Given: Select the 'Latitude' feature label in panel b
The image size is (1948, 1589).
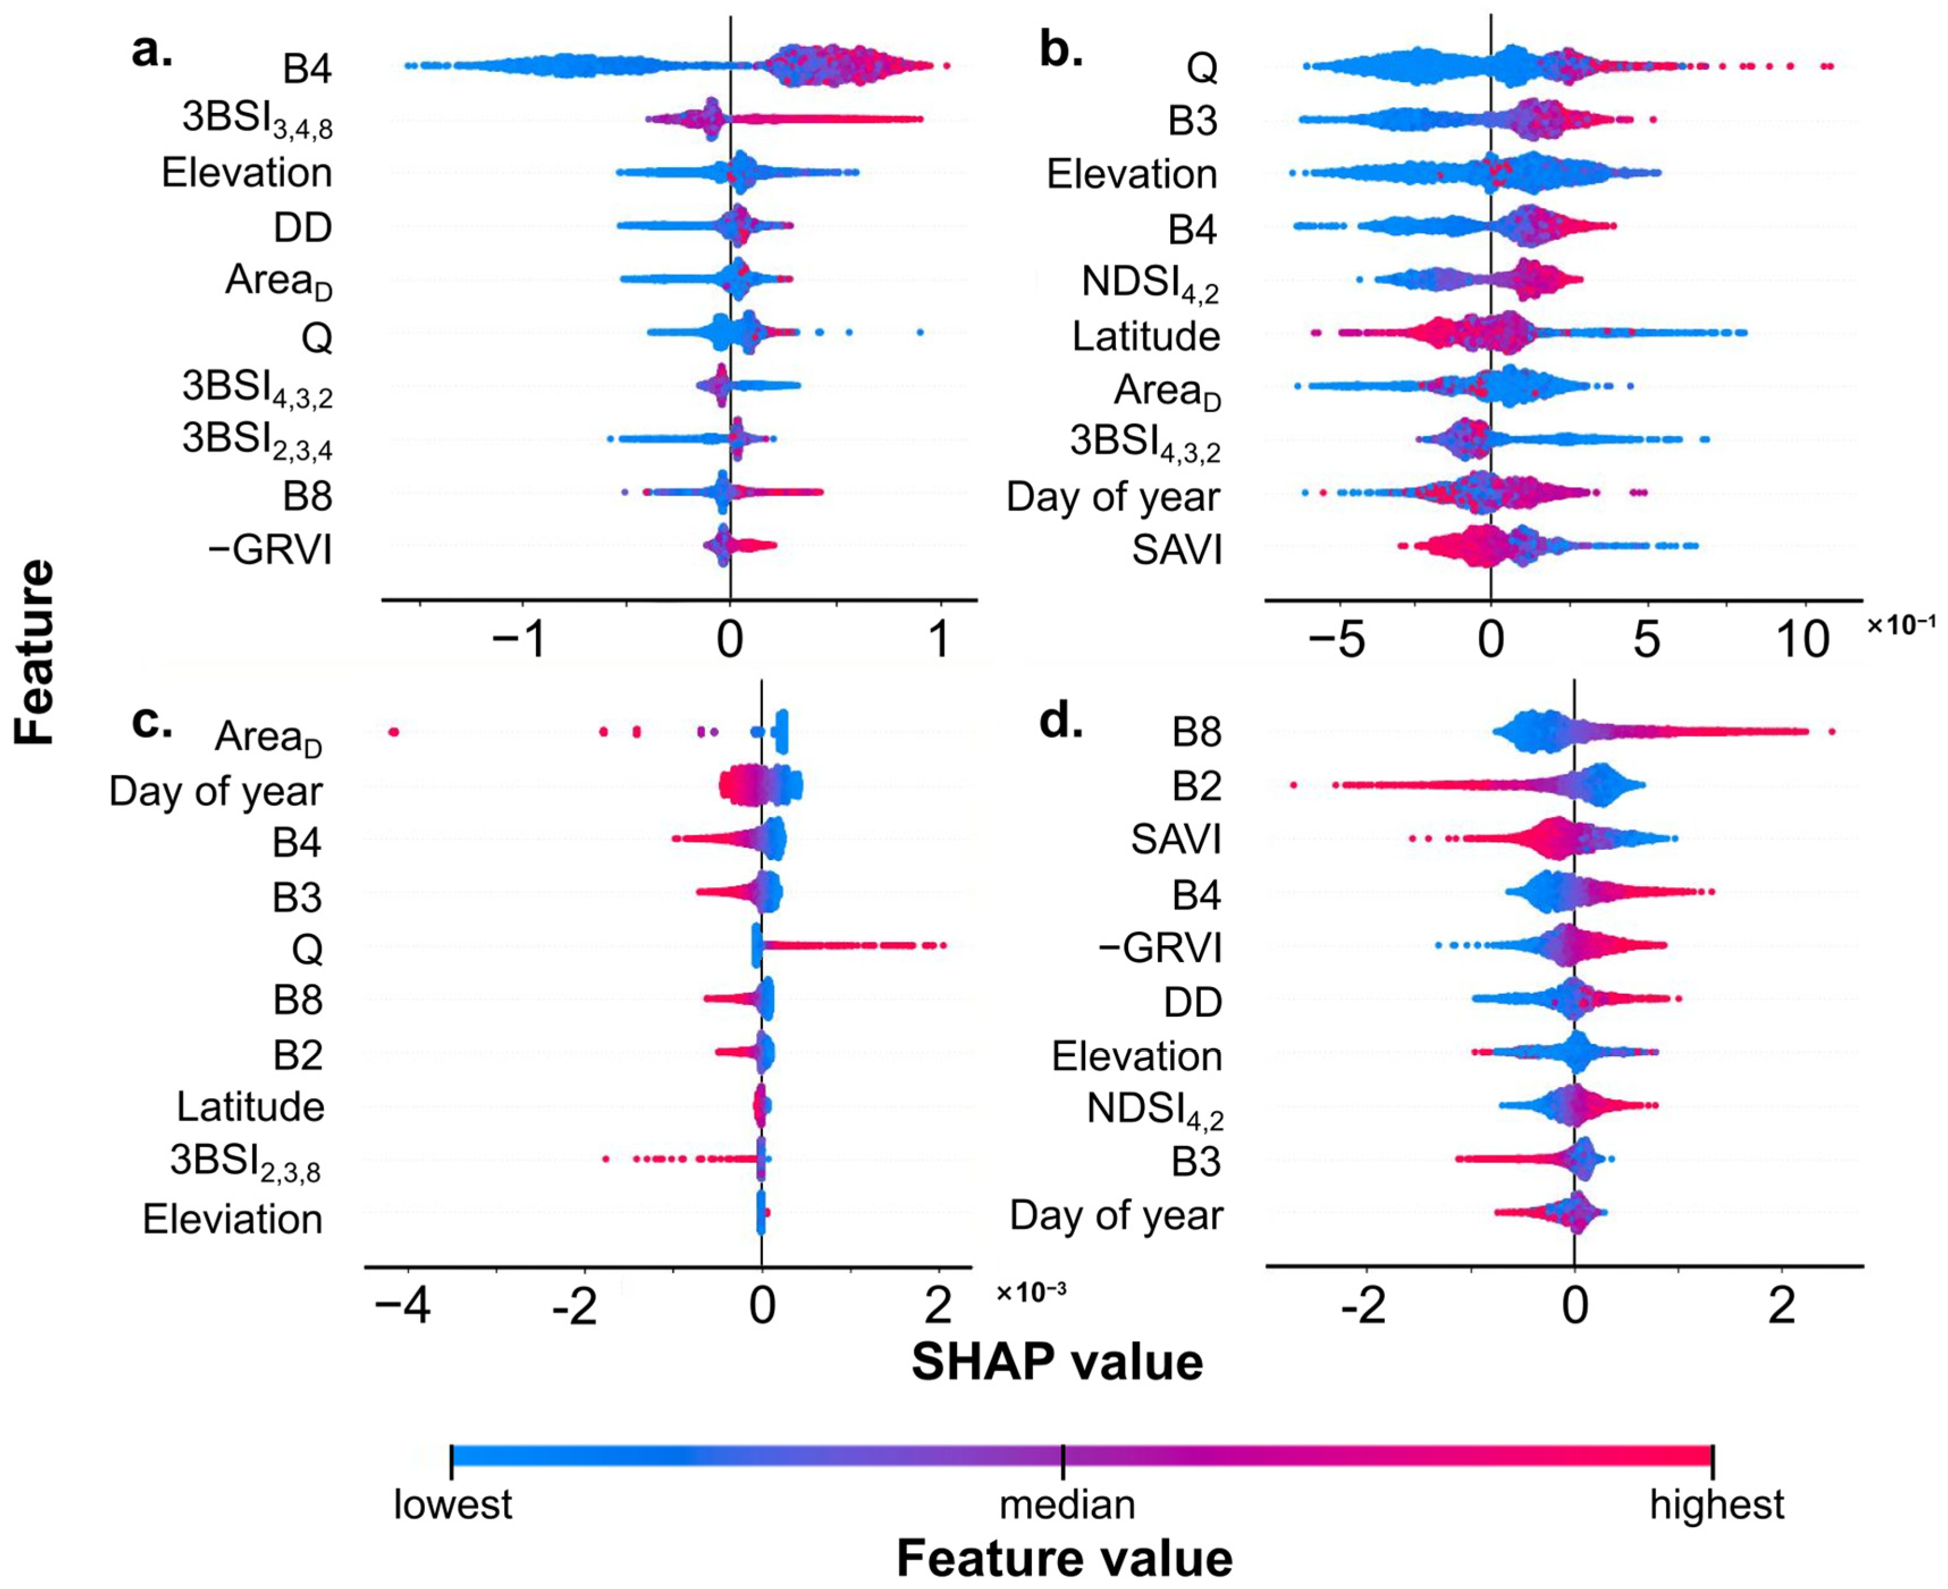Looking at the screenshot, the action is (1146, 337).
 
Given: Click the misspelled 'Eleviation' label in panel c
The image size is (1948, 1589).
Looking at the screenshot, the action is (233, 1219).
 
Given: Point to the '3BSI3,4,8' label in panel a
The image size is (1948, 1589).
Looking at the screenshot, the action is (256, 120).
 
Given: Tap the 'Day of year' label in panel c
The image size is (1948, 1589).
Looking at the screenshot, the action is (216, 793).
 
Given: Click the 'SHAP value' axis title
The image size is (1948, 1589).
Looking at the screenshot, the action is (1057, 1363).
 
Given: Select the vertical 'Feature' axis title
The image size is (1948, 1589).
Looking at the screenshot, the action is (35, 652).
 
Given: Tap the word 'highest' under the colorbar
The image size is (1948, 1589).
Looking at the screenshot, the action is (1717, 1506).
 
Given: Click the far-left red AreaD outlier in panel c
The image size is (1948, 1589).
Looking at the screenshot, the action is (394, 731).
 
